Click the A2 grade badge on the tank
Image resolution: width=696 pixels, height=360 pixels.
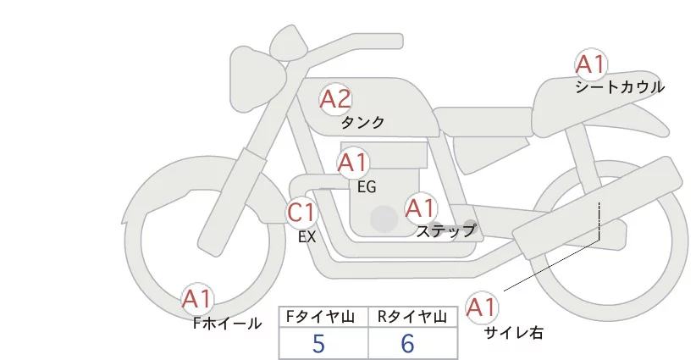(334, 100)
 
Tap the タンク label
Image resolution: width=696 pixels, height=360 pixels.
(362, 123)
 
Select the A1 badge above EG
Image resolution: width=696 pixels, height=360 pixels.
(353, 163)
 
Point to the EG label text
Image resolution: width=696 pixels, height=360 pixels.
(367, 186)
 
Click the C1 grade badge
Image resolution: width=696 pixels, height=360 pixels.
(302, 212)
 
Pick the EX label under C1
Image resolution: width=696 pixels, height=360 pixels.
(307, 237)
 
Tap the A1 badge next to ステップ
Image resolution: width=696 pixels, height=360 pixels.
(420, 208)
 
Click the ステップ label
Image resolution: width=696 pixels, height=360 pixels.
(446, 230)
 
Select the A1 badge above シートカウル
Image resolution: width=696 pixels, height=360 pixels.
(590, 64)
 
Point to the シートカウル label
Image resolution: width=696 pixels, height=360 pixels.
(620, 86)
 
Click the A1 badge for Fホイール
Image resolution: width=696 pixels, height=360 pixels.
(198, 299)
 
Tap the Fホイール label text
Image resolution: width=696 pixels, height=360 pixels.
(226, 323)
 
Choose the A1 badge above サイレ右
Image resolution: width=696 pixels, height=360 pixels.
(483, 307)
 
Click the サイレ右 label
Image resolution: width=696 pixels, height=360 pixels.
(513, 333)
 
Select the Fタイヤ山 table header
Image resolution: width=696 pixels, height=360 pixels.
(323, 317)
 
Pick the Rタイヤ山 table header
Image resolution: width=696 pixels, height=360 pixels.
(412, 317)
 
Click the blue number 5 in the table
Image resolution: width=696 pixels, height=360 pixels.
(318, 344)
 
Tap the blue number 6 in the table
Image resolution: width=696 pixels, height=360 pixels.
(407, 344)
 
